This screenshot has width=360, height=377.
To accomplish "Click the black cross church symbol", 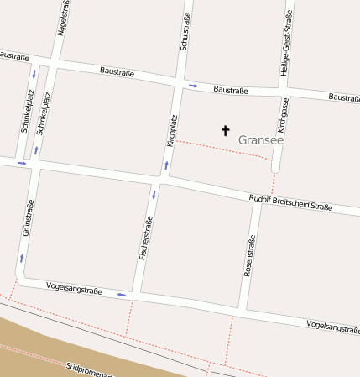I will click(x=225, y=130).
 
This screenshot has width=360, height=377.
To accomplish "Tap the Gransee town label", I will click(x=260, y=139).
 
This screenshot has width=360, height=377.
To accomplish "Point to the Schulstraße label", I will click(x=185, y=31).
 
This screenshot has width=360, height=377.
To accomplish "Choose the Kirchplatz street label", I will click(x=172, y=130).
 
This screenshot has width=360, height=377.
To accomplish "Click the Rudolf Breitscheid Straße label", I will click(x=290, y=202).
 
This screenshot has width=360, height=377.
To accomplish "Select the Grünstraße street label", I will click(x=28, y=217).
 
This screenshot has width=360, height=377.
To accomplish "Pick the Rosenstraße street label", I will click(x=249, y=256).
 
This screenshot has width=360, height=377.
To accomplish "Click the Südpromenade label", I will click(x=87, y=369).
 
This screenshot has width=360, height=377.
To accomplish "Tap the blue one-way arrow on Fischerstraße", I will click(x=154, y=195).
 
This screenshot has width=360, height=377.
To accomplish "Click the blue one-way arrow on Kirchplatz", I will click(x=166, y=165).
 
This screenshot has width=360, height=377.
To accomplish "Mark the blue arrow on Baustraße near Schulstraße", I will click(x=193, y=86).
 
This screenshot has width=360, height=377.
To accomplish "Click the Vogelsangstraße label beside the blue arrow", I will click(x=74, y=289).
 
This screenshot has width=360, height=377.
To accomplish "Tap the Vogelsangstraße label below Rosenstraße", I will click(x=332, y=326).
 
